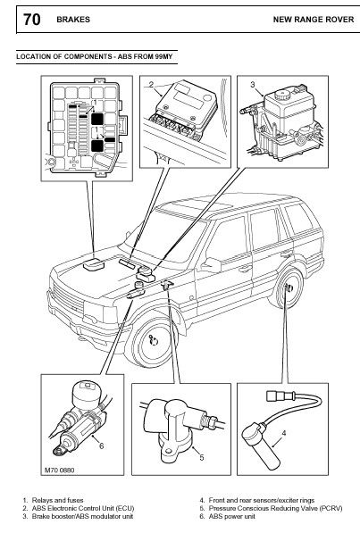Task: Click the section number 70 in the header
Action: pyautogui.click(x=31, y=20)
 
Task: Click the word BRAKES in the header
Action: pyautogui.click(x=73, y=20)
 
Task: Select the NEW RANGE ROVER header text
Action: pyautogui.click(x=314, y=20)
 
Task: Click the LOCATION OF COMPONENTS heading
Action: pyautogui.click(x=95, y=56)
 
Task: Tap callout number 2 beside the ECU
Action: pyautogui.click(x=152, y=84)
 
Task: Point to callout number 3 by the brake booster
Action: pyautogui.click(x=253, y=84)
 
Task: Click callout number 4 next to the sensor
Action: pyautogui.click(x=284, y=433)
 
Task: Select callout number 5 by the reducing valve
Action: pyautogui.click(x=201, y=457)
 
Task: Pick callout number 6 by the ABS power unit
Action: pyautogui.click(x=101, y=446)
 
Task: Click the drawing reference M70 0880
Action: pyautogui.click(x=59, y=471)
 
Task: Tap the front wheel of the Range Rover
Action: pyautogui.click(x=151, y=341)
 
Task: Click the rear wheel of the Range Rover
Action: pyautogui.click(x=286, y=288)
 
